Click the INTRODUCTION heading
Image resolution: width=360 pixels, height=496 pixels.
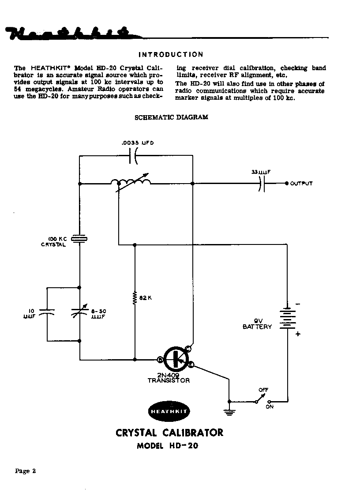click(171, 55)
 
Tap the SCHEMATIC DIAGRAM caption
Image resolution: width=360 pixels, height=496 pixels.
click(171, 117)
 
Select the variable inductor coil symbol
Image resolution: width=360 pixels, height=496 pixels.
click(130, 183)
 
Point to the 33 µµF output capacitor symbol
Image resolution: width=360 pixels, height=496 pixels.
click(262, 183)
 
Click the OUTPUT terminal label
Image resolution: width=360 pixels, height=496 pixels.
click(301, 184)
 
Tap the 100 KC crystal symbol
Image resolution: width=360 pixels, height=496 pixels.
click(80, 239)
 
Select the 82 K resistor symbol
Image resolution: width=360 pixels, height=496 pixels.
click(135, 297)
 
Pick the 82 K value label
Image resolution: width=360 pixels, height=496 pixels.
click(146, 298)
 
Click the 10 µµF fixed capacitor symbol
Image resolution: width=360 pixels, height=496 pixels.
click(47, 313)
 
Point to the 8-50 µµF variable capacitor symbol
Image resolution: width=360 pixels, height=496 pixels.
click(80, 313)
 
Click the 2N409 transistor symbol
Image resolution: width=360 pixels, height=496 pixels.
click(176, 359)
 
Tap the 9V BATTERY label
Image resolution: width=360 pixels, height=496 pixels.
click(257, 324)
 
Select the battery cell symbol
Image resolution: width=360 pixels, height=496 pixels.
click(287, 318)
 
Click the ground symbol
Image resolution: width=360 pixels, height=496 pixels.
click(229, 412)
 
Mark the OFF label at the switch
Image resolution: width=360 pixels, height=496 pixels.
click(263, 390)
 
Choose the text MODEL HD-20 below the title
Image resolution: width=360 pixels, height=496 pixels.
click(168, 446)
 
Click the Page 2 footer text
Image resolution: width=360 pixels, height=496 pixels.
click(26, 471)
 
